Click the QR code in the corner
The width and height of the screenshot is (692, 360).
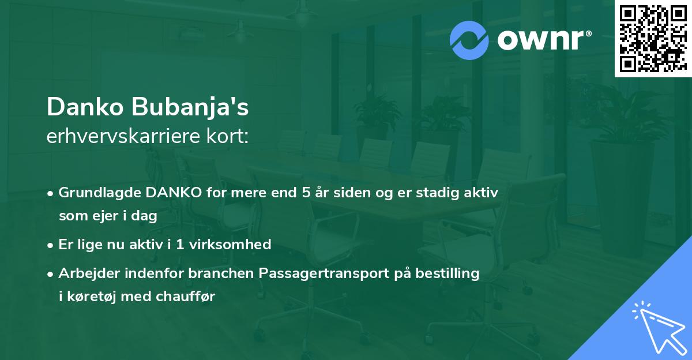[x=653, y=39]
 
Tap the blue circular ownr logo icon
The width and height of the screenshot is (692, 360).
[x=469, y=40]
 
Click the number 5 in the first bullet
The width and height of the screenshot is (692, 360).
[x=306, y=193]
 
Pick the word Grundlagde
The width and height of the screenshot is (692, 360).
[x=93, y=193]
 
